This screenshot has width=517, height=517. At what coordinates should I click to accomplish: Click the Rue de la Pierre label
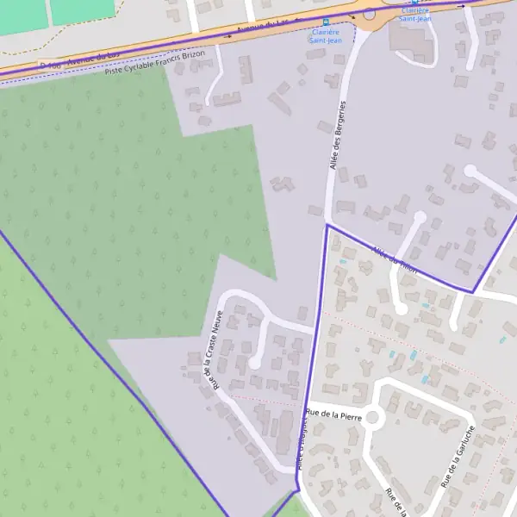(333, 414)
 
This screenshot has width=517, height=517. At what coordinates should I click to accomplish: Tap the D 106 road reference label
(51, 65)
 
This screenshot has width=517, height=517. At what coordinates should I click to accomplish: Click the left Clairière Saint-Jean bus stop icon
(325, 23)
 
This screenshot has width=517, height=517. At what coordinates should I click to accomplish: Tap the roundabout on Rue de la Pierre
(372, 418)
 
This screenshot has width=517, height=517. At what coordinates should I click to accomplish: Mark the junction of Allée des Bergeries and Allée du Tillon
(327, 226)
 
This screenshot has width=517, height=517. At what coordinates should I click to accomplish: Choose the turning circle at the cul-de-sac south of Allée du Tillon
(401, 308)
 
